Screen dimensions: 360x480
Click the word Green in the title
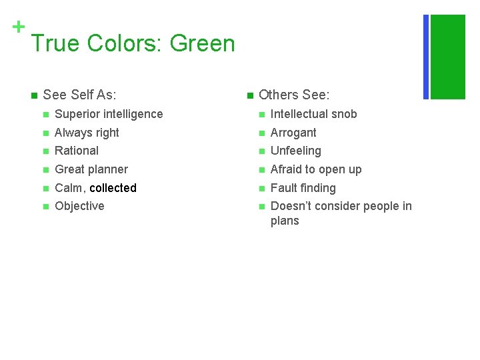coord(202,44)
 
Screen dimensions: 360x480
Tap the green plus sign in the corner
coord(19,27)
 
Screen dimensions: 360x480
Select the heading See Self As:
coord(79,95)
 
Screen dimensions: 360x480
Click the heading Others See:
coord(294,95)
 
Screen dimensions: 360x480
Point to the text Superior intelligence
coord(109,114)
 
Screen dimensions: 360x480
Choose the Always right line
coord(87,133)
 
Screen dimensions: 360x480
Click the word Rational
coord(77,151)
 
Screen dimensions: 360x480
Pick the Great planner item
coord(91,169)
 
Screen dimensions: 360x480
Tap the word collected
coord(113,188)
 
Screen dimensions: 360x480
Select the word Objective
coord(79,206)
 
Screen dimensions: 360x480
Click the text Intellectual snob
coord(314,114)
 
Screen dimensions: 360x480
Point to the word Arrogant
coord(293,133)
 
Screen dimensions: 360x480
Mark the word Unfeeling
coord(296,151)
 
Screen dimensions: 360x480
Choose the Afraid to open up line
coord(316,169)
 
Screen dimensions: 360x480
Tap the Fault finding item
coord(303,188)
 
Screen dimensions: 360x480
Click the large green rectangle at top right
coord(448,57)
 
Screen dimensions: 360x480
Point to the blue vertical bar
coord(426,57)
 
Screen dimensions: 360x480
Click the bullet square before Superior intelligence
coord(45,115)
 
